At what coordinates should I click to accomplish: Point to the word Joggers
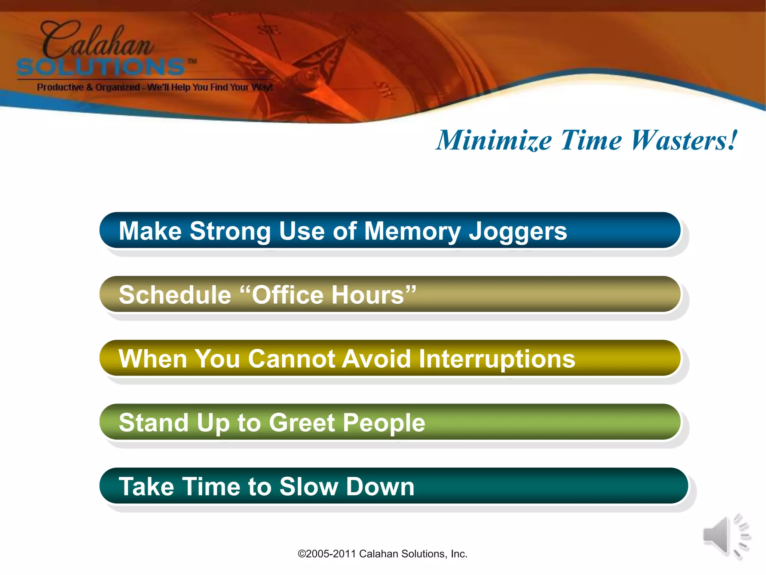click(x=518, y=232)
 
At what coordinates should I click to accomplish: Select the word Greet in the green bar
click(x=301, y=423)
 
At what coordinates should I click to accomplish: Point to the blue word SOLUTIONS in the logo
click(x=101, y=67)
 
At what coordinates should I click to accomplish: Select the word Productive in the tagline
click(x=60, y=87)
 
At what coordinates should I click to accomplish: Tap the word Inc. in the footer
click(x=459, y=554)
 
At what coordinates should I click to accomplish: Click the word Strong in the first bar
click(x=230, y=231)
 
